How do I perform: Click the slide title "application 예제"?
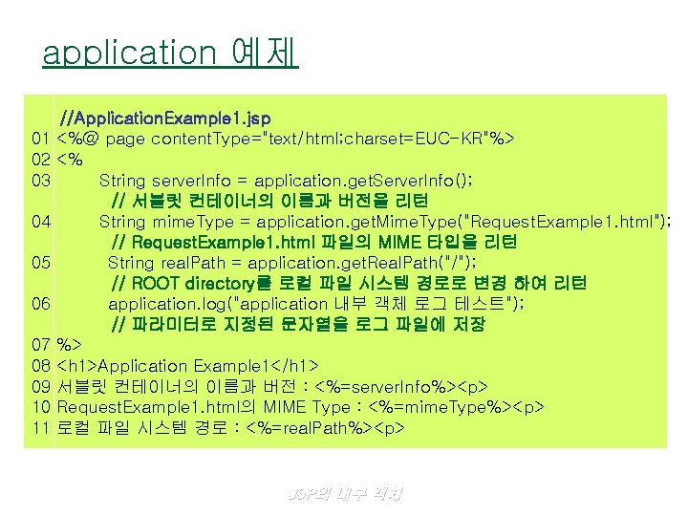(x=170, y=52)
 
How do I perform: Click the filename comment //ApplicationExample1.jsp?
(x=164, y=119)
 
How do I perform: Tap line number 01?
(x=40, y=140)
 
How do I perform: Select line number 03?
(x=40, y=180)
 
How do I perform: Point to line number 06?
(x=40, y=304)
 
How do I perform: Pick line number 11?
(x=40, y=428)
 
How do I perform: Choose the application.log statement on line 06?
(x=315, y=304)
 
